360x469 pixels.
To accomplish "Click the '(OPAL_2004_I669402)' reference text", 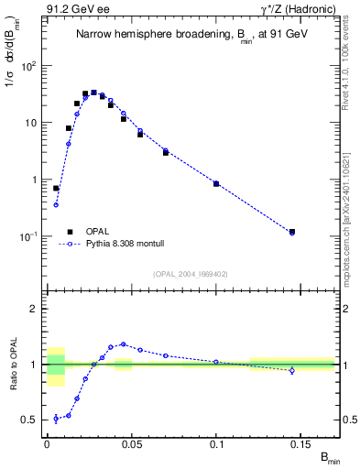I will point(191,274).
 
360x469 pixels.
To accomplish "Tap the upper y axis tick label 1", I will point(38,180).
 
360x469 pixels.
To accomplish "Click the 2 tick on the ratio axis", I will point(37,309).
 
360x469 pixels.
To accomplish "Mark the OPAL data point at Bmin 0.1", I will point(216,183).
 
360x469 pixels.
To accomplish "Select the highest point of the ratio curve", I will point(123,344).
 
